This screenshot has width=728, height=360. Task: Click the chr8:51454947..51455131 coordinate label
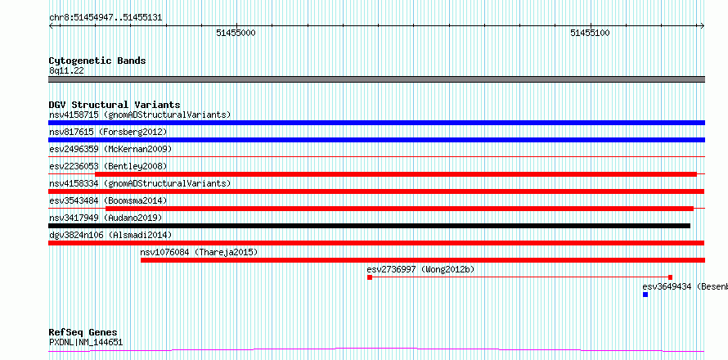click(x=106, y=18)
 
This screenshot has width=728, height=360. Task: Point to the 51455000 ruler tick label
click(x=236, y=33)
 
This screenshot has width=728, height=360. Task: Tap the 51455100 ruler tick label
click(x=590, y=33)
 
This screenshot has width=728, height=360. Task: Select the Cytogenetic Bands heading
click(x=97, y=61)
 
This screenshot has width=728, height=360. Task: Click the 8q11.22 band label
click(x=66, y=70)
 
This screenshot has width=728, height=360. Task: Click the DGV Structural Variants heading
click(x=115, y=105)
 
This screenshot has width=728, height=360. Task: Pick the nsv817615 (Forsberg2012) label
click(x=108, y=132)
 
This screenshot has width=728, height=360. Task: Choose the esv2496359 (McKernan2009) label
click(x=110, y=149)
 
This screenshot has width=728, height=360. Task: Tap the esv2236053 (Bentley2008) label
click(x=108, y=166)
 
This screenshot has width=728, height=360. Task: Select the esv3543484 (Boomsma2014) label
click(x=108, y=200)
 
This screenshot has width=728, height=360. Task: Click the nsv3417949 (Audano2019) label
click(x=106, y=218)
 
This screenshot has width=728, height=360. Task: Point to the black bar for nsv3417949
click(x=369, y=226)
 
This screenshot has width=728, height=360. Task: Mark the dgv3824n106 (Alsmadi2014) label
click(x=110, y=235)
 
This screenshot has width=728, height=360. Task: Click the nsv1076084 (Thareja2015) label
click(x=199, y=252)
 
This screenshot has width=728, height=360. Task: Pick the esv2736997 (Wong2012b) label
click(x=420, y=269)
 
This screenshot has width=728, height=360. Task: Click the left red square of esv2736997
click(x=370, y=277)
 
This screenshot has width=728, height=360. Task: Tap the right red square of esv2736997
click(x=670, y=277)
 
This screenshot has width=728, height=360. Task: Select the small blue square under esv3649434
click(x=645, y=295)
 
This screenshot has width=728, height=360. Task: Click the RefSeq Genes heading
click(x=83, y=332)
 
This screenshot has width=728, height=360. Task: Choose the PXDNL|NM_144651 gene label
click(x=86, y=343)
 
